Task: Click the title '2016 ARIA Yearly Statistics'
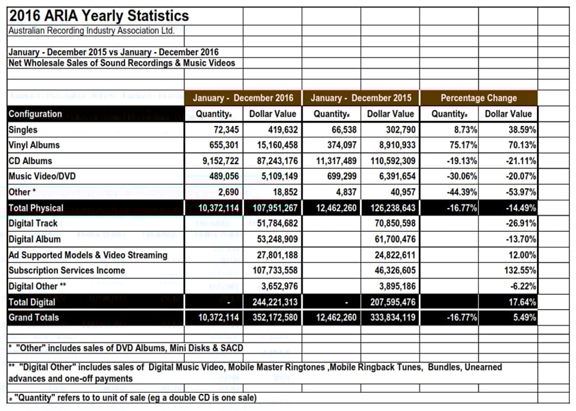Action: pyautogui.click(x=99, y=16)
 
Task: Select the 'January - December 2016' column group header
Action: pyautogui.click(x=243, y=98)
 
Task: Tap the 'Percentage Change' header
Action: pyautogui.click(x=479, y=98)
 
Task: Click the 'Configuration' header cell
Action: pyautogui.click(x=36, y=114)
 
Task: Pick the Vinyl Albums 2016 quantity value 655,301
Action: pyautogui.click(x=224, y=145)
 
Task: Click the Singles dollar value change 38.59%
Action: pyautogui.click(x=522, y=130)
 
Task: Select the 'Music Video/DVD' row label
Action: pyautogui.click(x=42, y=176)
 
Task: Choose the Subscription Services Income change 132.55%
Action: pyautogui.click(x=520, y=271)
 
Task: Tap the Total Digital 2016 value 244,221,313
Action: pyautogui.click(x=275, y=302)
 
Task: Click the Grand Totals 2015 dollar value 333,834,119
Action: pyautogui.click(x=393, y=317)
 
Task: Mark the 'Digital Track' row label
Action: pyautogui.click(x=33, y=224)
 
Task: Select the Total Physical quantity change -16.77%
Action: pyautogui.click(x=462, y=208)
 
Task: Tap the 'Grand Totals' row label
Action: pyautogui.click(x=33, y=317)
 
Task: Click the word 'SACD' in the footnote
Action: pyautogui.click(x=232, y=348)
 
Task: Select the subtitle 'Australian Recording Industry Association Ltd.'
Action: pyautogui.click(x=92, y=31)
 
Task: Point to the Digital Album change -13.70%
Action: pyautogui.click(x=521, y=239)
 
